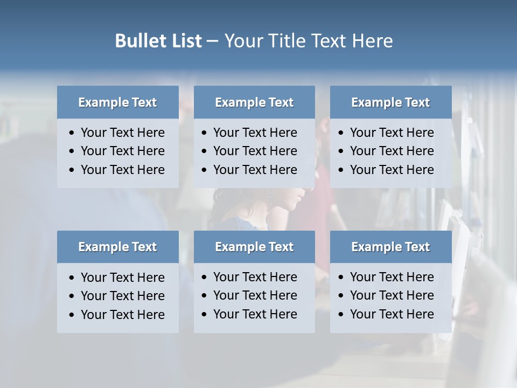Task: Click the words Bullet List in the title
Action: [158, 41]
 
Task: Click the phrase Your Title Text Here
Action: [308, 41]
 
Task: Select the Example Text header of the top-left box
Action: [117, 102]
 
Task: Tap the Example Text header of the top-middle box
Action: [254, 102]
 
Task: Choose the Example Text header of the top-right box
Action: [390, 102]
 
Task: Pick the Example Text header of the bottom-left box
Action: [117, 247]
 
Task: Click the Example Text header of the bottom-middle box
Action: [254, 247]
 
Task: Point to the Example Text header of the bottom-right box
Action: [390, 247]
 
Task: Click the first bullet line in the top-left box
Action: [123, 133]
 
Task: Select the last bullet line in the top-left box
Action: [123, 170]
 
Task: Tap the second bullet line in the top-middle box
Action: [255, 151]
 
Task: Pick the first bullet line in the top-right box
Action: [392, 133]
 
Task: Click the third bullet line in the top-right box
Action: [392, 170]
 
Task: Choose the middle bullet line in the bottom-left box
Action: [123, 296]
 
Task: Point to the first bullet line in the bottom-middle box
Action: [255, 277]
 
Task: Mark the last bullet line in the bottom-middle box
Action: [255, 314]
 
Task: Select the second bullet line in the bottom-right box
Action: [392, 295]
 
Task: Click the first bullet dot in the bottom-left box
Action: [72, 278]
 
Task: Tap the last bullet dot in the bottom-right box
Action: [341, 315]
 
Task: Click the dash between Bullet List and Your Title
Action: [212, 41]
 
